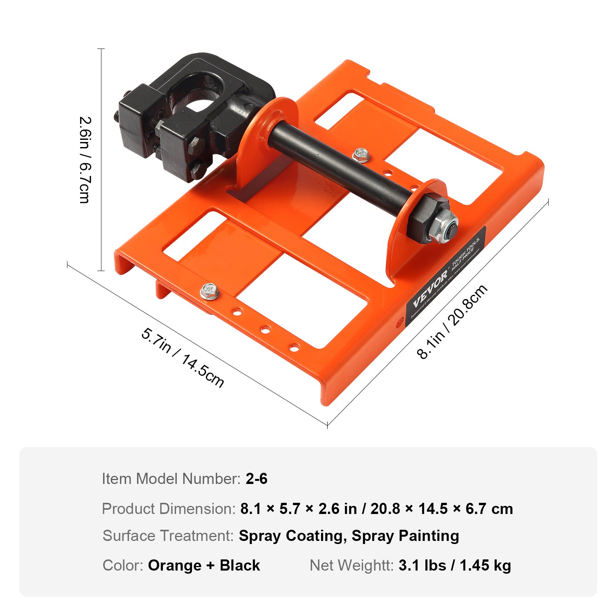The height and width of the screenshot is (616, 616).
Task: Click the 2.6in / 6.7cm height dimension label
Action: coord(85,160)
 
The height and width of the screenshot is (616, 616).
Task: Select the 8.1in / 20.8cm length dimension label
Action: coord(452,322)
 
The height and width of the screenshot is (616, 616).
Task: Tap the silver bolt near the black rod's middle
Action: coord(361,155)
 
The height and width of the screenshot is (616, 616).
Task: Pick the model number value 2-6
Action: coord(256,479)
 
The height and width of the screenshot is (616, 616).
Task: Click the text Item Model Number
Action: coord(171,479)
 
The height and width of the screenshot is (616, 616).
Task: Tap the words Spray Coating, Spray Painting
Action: coord(349,536)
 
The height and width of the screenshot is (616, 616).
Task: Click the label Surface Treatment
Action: coord(168,536)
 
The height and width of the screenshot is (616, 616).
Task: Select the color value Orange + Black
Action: coord(204,565)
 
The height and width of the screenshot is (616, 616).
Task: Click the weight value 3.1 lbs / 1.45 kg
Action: coord(455,565)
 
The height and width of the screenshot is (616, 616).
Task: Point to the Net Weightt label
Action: coord(352,565)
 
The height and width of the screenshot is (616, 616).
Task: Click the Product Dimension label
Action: coord(169,509)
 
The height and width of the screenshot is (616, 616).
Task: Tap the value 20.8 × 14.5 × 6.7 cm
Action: coord(442,509)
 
